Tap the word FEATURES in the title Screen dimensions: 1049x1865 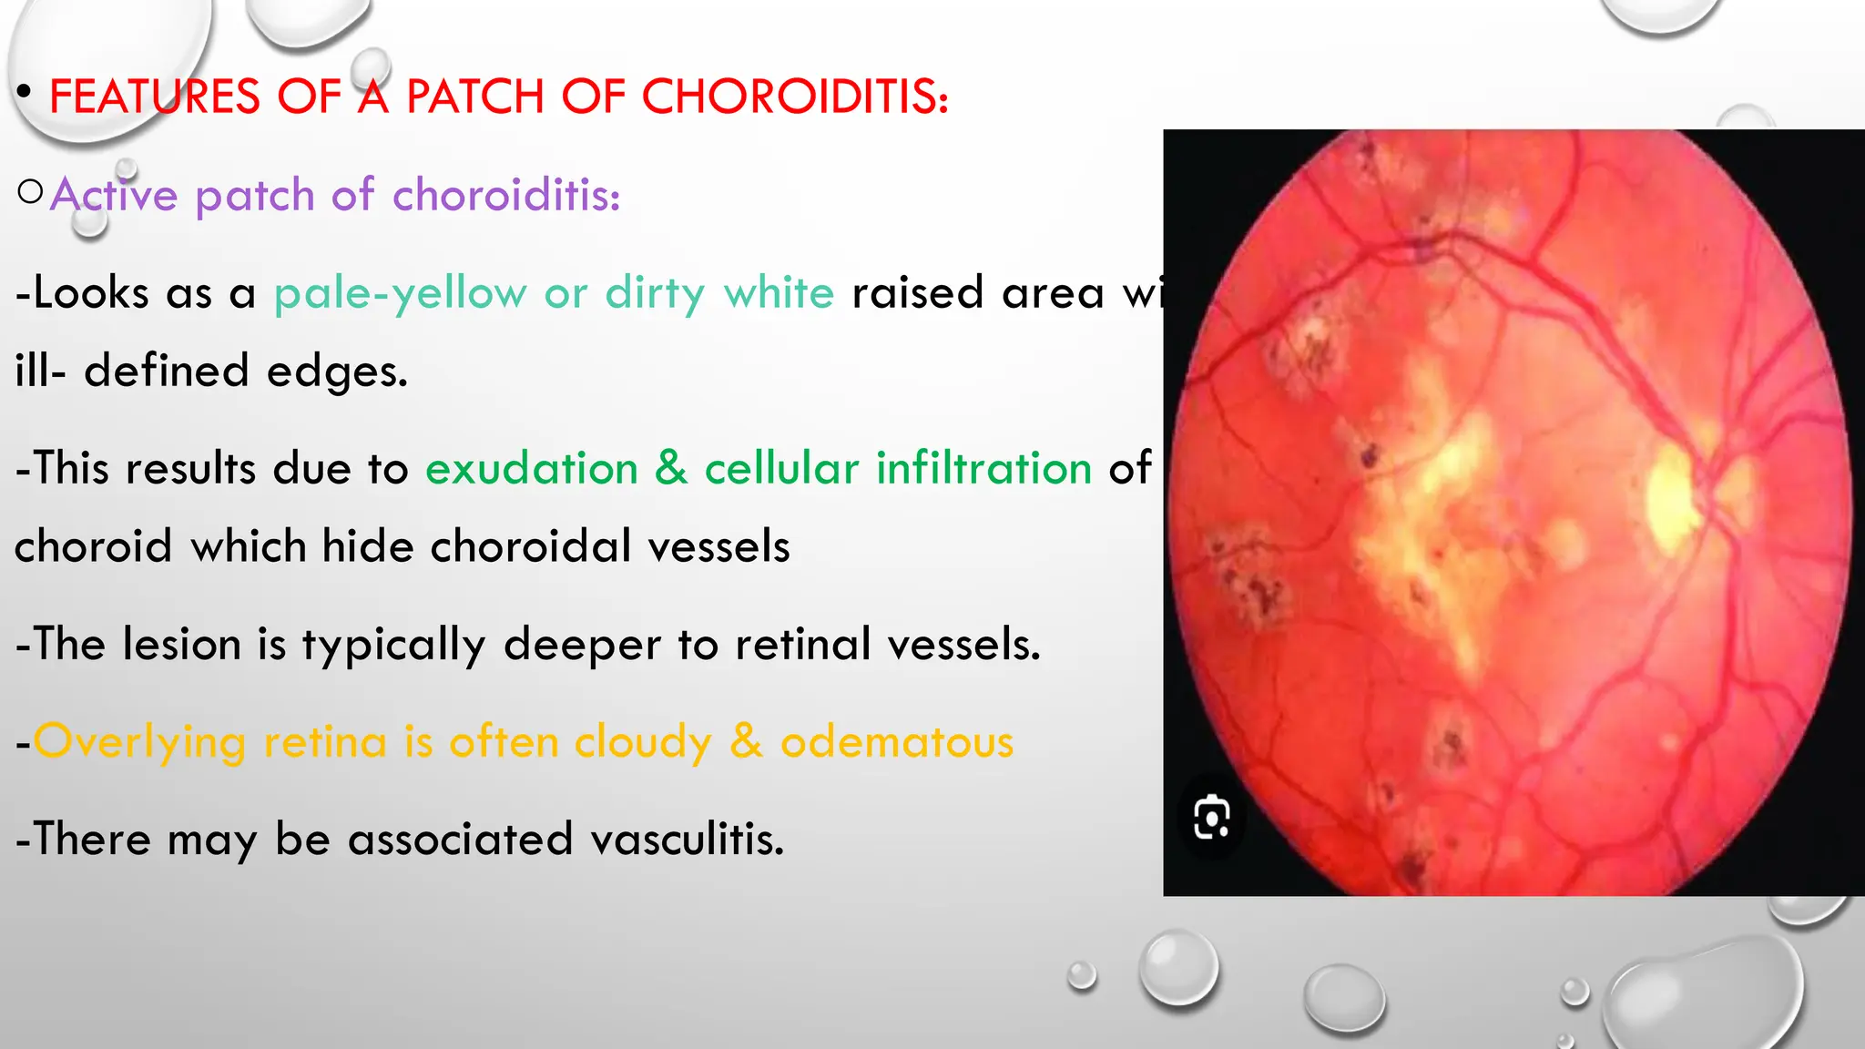point(155,97)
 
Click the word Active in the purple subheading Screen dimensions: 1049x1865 point(114,195)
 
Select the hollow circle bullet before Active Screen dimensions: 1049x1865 point(30,192)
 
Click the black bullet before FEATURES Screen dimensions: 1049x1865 point(25,92)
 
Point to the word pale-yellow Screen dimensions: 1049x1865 point(400,293)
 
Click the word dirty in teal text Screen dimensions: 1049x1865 point(655,293)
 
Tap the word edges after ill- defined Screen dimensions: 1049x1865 point(337,372)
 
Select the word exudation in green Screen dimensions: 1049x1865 point(532,469)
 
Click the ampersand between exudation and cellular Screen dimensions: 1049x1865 point(671,469)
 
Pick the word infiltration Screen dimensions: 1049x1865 point(983,469)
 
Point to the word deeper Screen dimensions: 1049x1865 point(581,645)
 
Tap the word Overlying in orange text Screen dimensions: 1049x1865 point(139,742)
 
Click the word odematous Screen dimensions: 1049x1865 point(896,742)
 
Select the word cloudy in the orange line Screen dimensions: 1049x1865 point(643,742)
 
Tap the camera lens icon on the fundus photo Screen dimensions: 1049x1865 point(1212,817)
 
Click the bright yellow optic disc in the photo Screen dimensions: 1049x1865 point(1674,498)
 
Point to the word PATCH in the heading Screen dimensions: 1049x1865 point(474,97)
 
